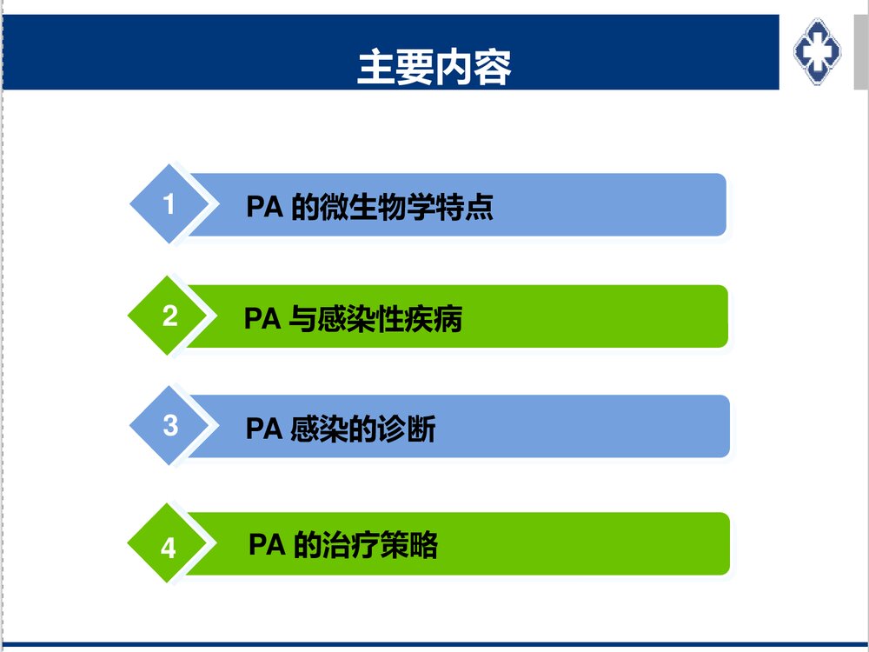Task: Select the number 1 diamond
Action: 169,204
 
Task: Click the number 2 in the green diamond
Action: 169,316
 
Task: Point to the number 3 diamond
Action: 170,426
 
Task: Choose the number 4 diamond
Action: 169,548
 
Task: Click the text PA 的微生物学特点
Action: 370,208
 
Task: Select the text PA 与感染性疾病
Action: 353,319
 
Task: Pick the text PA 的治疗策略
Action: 342,545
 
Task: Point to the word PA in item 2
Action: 262,319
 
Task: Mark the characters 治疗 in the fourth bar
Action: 348,545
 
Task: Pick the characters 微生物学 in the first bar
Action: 378,208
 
